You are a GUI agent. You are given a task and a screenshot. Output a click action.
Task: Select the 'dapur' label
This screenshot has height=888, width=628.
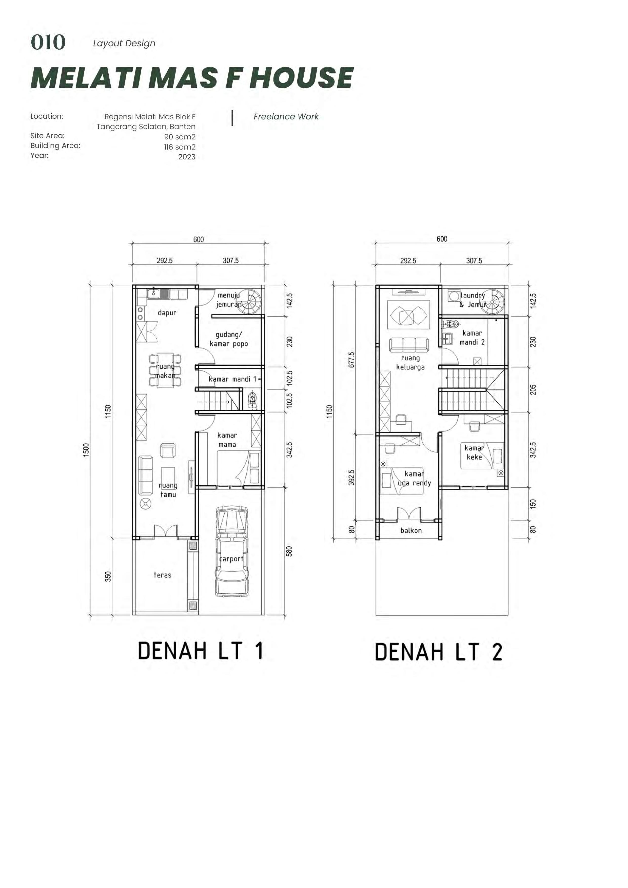click(167, 313)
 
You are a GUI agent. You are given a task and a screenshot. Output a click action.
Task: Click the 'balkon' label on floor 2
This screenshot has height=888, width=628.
click(411, 530)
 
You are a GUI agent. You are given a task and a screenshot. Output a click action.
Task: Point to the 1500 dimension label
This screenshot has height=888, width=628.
click(86, 450)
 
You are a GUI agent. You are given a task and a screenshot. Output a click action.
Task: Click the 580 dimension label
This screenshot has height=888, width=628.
click(289, 551)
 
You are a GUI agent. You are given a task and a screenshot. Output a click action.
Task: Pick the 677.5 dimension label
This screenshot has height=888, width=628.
click(351, 359)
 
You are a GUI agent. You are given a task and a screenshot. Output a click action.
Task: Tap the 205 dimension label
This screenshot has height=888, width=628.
click(533, 389)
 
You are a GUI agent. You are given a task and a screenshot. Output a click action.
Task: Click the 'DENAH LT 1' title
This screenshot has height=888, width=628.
click(201, 651)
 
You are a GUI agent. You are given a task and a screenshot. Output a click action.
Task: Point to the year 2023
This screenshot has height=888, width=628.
click(187, 157)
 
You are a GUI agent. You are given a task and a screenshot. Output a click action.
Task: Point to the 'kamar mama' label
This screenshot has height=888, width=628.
click(227, 440)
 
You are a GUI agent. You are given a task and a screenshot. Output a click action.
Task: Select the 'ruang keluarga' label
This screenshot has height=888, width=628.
click(410, 363)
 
